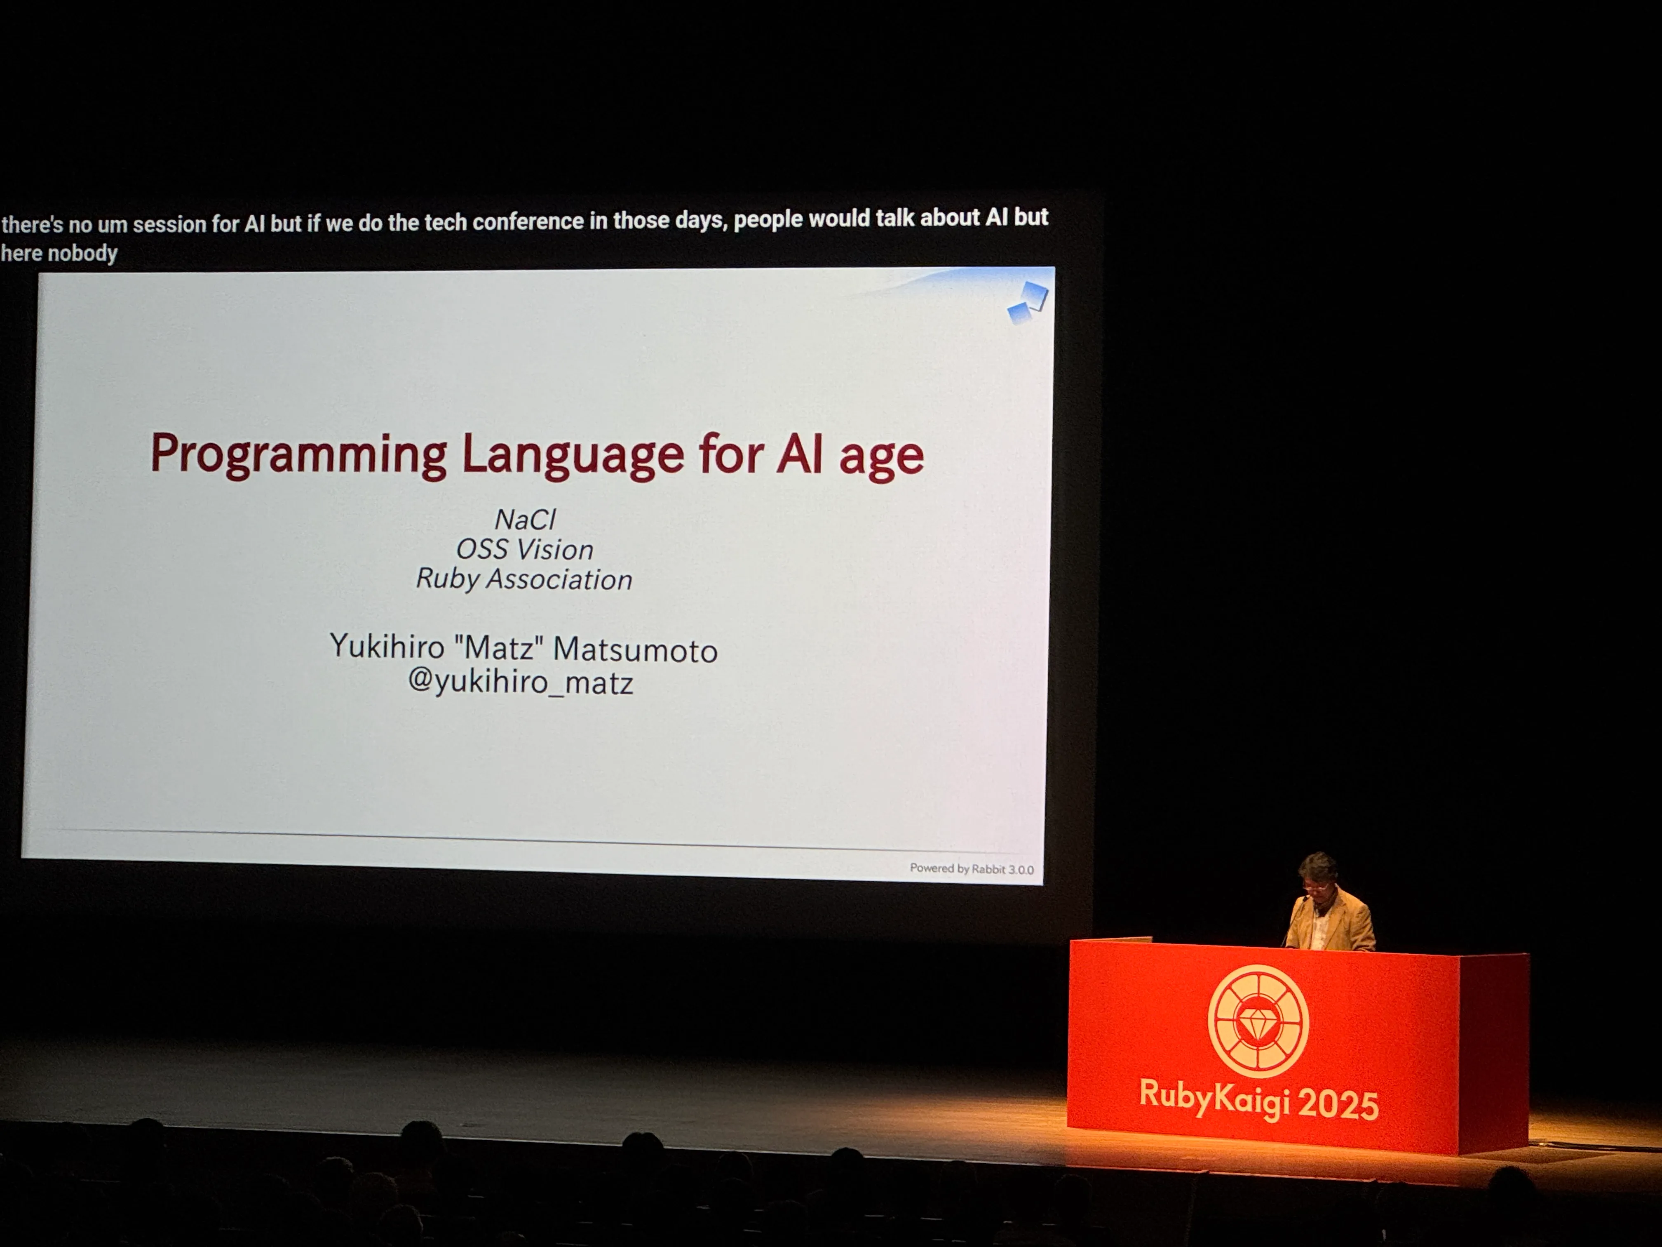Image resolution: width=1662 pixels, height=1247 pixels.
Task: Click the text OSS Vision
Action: pos(524,549)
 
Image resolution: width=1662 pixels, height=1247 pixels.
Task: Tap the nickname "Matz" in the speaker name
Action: pos(499,647)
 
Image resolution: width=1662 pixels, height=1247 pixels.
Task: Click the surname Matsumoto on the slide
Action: pos(635,649)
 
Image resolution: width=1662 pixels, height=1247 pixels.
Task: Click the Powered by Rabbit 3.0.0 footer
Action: pos(972,869)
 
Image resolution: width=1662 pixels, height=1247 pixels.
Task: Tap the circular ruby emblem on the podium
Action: pos(1258,1021)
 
